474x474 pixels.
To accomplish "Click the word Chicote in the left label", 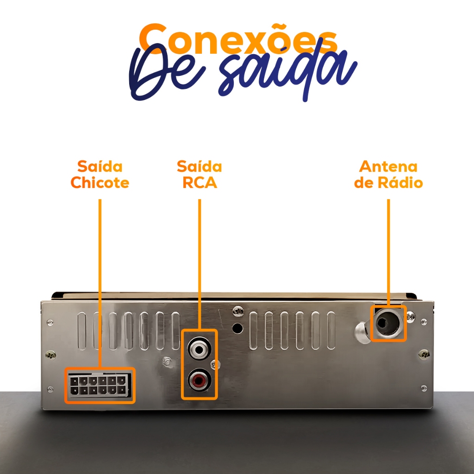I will point(100,182).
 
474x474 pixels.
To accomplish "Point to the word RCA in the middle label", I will point(200,182).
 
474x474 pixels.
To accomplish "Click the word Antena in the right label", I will point(388,166).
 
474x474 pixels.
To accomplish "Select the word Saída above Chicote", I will point(100,166).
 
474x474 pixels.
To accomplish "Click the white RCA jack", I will point(200,348).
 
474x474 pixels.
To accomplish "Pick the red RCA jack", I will point(200,380).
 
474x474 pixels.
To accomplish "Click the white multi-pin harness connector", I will point(99,386).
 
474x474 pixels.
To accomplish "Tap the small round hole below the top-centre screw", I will point(237,328).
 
